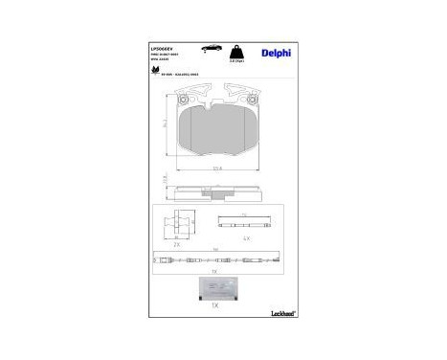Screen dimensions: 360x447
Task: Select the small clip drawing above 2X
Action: tap(173, 223)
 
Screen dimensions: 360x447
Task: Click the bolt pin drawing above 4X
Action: tap(246, 223)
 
